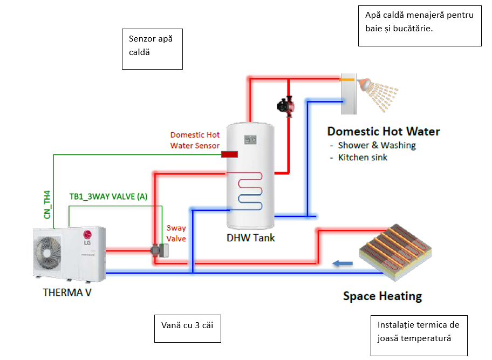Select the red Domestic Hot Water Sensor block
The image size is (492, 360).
(x=230, y=155)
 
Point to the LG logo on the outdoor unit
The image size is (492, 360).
(x=86, y=235)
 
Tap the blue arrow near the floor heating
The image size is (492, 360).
(x=342, y=263)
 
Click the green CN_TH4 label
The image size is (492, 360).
(x=47, y=204)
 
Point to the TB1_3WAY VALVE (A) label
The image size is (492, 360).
(x=108, y=197)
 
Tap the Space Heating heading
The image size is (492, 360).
(x=382, y=296)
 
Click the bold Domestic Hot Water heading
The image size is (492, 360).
(x=383, y=131)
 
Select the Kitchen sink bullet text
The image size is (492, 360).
(x=363, y=158)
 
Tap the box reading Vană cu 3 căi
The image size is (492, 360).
(x=188, y=328)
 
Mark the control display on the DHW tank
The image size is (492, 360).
(x=250, y=139)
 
